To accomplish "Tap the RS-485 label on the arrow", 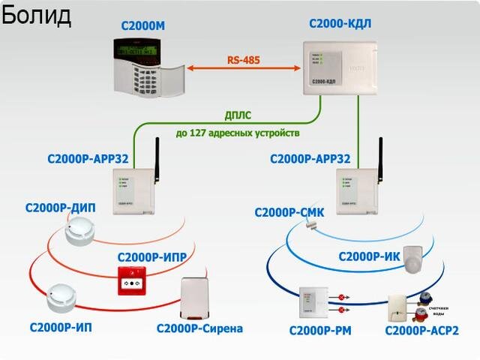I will pos(244,59).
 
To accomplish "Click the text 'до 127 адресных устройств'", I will pos(238,133).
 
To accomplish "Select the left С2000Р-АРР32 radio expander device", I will pos(132,191).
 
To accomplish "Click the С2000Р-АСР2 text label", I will pos(421,331).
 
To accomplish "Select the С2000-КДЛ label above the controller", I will pos(340,25).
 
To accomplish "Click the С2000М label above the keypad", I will pos(143,27).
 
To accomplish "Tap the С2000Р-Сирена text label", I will pos(199,328).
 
